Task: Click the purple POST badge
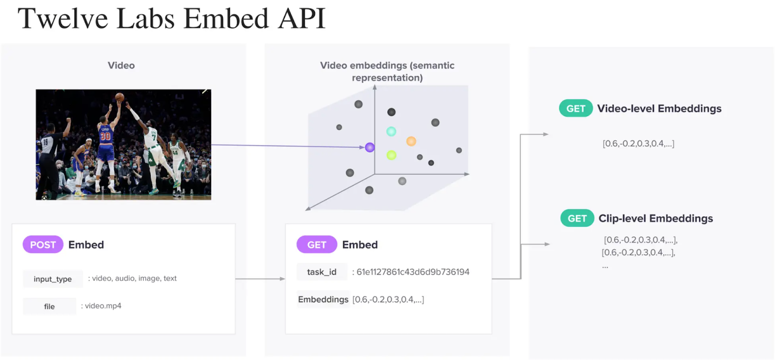(x=43, y=245)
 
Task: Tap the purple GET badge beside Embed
(x=316, y=245)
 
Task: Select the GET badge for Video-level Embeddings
(x=575, y=109)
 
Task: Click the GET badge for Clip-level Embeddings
(x=577, y=219)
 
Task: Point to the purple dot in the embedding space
(x=370, y=147)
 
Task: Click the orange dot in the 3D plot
(x=411, y=141)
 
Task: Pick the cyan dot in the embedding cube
(x=391, y=131)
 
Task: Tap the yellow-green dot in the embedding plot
(x=391, y=155)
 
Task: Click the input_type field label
(x=52, y=279)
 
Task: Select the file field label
(x=49, y=306)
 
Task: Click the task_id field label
(x=322, y=272)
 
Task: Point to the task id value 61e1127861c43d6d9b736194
(x=413, y=272)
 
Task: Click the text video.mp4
(x=103, y=306)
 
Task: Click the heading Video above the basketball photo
(x=121, y=65)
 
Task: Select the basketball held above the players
(x=120, y=97)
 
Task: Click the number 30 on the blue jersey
(x=105, y=136)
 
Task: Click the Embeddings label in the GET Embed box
(x=323, y=299)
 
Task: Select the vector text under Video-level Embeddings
(x=638, y=143)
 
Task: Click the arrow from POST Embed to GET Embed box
(x=260, y=279)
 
